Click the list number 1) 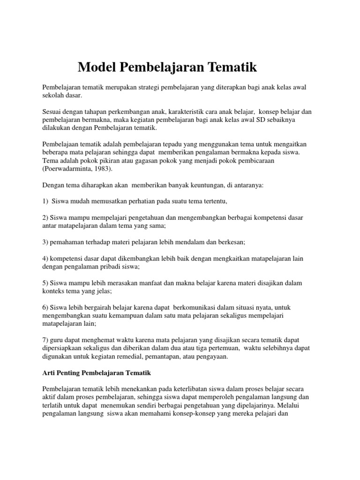pyautogui.click(x=46, y=201)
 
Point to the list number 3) pyautogui.click(x=45, y=242)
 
